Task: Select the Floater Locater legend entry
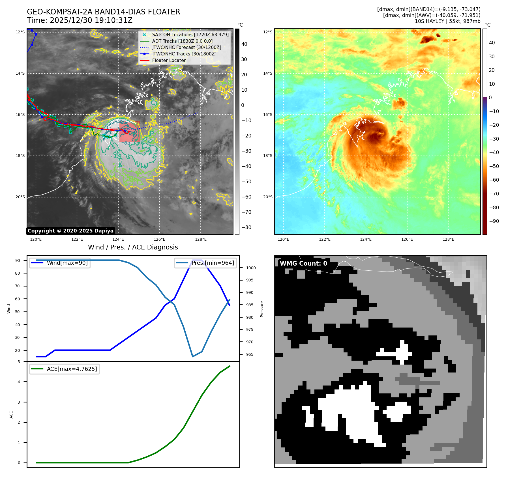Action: tap(169, 60)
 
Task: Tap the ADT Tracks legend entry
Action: tap(182, 41)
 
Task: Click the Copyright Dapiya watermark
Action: tap(70, 231)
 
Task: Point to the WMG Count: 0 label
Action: tap(303, 263)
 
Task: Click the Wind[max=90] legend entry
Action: tap(67, 263)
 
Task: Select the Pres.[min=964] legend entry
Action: tap(213, 263)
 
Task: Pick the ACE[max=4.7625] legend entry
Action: tap(72, 369)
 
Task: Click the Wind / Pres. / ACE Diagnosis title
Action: tap(133, 247)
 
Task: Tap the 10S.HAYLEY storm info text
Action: tap(447, 21)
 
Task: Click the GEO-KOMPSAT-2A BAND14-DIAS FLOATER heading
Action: tap(104, 12)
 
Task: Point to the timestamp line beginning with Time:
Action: tap(80, 20)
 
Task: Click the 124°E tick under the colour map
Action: tap(366, 240)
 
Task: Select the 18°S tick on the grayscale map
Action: tap(20, 156)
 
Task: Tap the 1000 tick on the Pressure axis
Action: tap(251, 268)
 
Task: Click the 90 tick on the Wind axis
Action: tap(18, 260)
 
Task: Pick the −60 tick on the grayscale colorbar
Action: tap(246, 197)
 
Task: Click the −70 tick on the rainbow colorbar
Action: tap(494, 194)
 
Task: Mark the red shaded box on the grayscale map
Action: tap(130, 132)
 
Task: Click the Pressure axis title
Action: tap(262, 309)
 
